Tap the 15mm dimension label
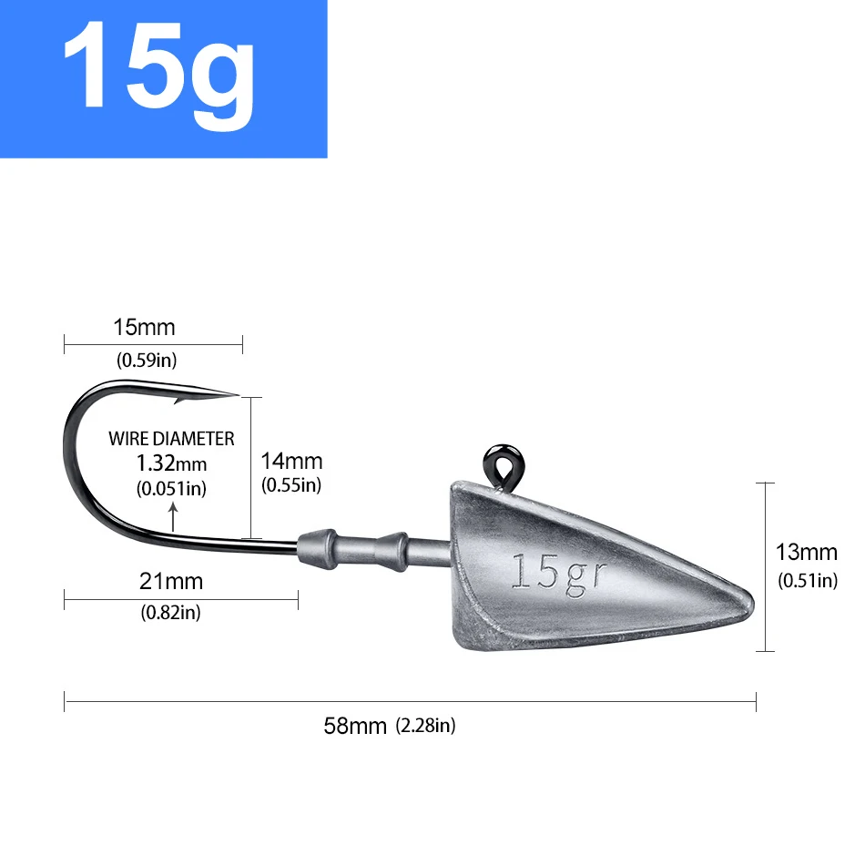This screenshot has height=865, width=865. point(144,327)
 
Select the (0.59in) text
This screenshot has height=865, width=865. point(147,360)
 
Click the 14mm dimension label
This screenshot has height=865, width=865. point(291,462)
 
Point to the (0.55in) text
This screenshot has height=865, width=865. point(291,485)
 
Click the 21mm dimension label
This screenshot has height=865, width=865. point(172,580)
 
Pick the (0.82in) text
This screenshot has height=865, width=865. point(170,612)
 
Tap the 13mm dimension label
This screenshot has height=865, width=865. point(806,552)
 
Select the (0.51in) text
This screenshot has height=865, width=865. point(807,580)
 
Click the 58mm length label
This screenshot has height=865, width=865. point(356,726)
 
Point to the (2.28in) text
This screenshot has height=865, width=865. point(425,726)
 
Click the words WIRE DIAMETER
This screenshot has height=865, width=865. point(171,439)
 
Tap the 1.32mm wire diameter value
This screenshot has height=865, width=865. point(171,463)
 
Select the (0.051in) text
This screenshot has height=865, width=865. point(171,488)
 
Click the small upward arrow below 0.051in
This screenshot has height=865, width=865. point(173,520)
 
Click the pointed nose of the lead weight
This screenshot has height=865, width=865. point(749,597)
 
